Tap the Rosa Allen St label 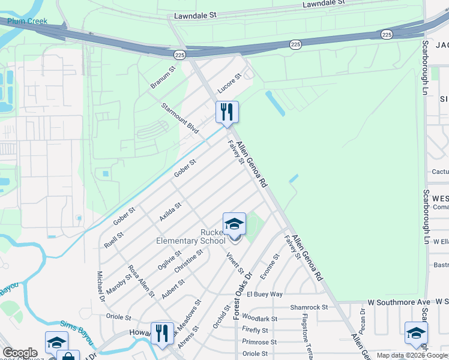[142, 282]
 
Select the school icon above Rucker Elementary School [234, 225]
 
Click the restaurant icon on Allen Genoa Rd [227, 112]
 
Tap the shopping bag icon [69, 356]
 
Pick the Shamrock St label [309, 307]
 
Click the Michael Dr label [100, 286]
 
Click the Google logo [20, 353]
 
